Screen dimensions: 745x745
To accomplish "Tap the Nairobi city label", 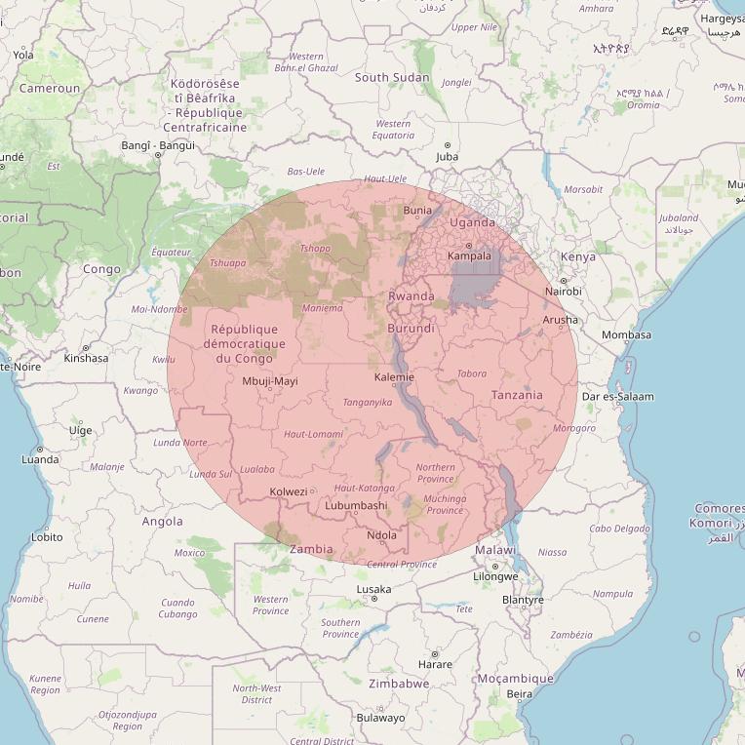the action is coord(564,292).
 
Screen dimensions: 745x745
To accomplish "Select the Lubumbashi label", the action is coord(356,506).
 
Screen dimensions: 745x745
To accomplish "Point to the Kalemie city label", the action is coord(395,377).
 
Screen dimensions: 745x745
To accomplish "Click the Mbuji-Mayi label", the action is coord(270,381).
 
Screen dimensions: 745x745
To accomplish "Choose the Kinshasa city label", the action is coord(86,358).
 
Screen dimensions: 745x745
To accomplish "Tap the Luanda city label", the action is coord(40,459).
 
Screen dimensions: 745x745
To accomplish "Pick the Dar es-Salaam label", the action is coord(617,397).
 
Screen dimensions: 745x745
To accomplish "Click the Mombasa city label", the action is coord(626,334).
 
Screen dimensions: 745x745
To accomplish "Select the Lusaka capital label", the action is coord(373,589).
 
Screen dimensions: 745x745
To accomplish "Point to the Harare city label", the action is coord(435,665).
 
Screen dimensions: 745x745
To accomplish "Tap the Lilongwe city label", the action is coord(495,576).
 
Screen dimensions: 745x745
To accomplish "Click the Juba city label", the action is coord(448,156).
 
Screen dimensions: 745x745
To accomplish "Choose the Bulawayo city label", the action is coord(381,718).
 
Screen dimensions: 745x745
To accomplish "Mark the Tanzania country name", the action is coord(517,395).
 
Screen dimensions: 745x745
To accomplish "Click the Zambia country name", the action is coord(312,549).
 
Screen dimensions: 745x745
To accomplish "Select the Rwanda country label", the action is coord(412,296).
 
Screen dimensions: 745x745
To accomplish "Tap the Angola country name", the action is coord(163,521).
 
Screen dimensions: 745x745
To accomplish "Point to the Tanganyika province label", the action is coord(367,402).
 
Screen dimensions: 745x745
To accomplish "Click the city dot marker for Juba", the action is coord(448,145).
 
